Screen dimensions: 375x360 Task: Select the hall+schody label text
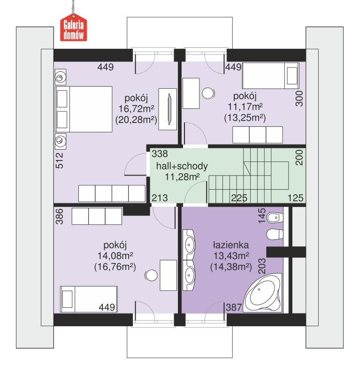pos(182,166)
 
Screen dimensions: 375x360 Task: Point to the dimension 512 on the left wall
pos(59,160)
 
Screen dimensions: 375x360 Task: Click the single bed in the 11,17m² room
pos(270,76)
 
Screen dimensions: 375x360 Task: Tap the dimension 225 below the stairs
pos(238,198)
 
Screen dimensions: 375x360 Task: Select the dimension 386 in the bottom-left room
pos(59,217)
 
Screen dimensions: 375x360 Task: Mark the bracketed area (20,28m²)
pos(136,120)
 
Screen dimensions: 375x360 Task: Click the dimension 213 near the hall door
pos(159,198)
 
